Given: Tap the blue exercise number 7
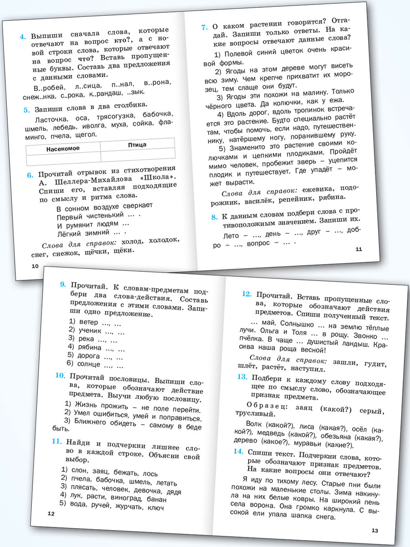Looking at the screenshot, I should [x=205, y=27].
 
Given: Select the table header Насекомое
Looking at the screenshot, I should [x=63, y=149].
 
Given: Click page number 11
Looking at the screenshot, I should [x=358, y=249].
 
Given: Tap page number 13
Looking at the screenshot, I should [x=375, y=530].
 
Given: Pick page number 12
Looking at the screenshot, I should [x=51, y=514].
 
